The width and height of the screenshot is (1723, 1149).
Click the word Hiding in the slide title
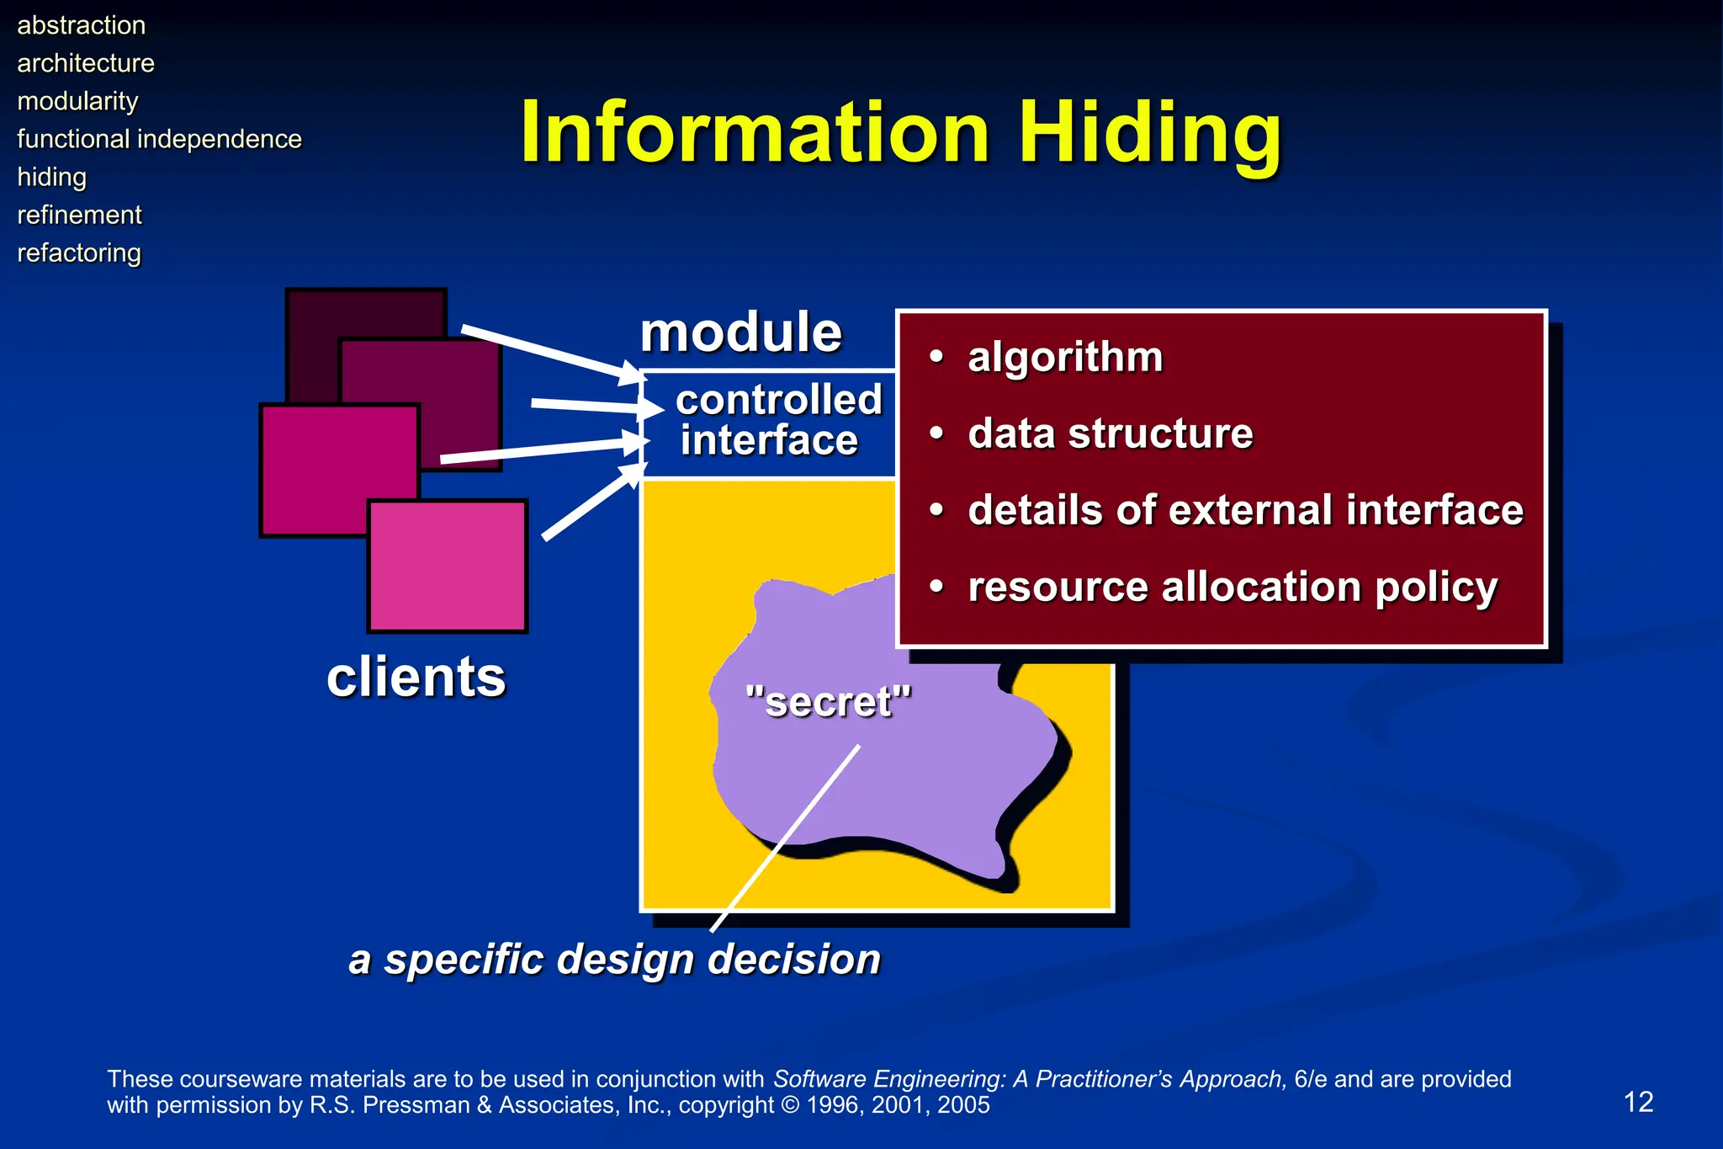[x=1149, y=133]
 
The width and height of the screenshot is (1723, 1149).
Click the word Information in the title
[x=755, y=133]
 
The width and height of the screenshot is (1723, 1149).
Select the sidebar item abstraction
[x=82, y=25]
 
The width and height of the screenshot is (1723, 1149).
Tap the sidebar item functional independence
[x=159, y=139]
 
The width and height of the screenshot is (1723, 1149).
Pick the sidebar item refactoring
[x=79, y=253]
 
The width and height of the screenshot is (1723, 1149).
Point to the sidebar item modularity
[x=77, y=101]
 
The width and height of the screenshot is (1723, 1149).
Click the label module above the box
[x=740, y=332]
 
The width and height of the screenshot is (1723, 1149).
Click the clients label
[x=416, y=677]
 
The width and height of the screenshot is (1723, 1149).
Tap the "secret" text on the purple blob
[x=828, y=701]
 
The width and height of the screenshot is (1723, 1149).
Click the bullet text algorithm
[x=1065, y=357]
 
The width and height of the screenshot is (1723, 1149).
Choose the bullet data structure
[x=1110, y=434]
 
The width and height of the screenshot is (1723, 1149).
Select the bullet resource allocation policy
[x=1232, y=587]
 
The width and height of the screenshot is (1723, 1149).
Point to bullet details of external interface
[x=1245, y=510]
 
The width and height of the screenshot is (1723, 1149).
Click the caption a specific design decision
[x=614, y=959]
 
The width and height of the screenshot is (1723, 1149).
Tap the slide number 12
[x=1637, y=1102]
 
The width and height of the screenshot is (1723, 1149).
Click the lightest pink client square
[x=448, y=566]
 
